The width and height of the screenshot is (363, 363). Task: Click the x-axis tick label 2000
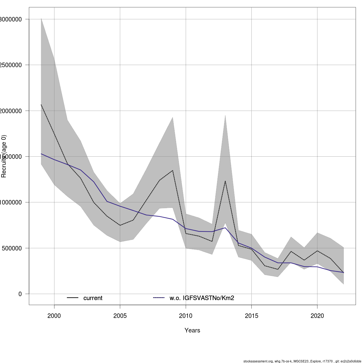click(54, 316)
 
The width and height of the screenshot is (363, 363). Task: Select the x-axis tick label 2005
click(120, 316)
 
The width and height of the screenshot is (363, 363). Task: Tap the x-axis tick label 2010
click(186, 316)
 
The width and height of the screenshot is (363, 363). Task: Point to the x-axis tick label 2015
click(251, 316)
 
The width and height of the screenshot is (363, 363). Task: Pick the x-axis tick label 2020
click(317, 316)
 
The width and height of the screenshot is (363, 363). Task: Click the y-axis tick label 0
click(20, 294)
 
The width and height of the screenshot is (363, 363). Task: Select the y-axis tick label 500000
click(11, 248)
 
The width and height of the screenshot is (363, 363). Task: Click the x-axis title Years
click(192, 330)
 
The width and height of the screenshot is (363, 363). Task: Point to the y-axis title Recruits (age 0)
click(4, 156)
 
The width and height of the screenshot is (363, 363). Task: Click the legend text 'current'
click(93, 298)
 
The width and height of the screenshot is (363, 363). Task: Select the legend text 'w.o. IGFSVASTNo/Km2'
click(202, 298)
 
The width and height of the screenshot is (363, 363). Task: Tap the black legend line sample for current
click(73, 298)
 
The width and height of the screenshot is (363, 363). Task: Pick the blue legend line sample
click(159, 298)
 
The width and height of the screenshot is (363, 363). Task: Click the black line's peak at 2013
click(225, 181)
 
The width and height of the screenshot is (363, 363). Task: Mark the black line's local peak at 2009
click(172, 170)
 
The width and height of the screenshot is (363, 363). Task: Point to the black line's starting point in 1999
click(41, 105)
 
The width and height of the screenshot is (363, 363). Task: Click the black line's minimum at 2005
click(120, 225)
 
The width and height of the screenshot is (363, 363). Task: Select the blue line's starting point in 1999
click(41, 154)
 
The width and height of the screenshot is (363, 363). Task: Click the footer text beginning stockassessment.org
click(302, 361)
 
